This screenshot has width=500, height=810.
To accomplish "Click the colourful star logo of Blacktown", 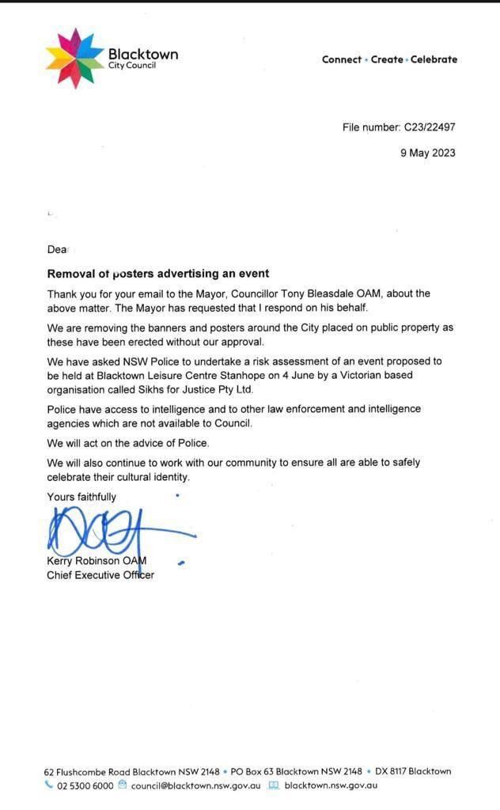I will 74,59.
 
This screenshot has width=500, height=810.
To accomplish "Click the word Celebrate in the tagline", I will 434,59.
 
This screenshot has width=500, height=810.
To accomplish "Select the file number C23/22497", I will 430,127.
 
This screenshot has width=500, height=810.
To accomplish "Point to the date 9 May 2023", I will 427,153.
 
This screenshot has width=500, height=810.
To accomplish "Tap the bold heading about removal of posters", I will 158,274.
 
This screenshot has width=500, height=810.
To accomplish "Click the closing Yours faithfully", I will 81,497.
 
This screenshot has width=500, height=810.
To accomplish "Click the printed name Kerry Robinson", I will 84,562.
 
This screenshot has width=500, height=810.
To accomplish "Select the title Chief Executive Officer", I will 100,575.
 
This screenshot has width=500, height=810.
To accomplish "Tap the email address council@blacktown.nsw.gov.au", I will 195,785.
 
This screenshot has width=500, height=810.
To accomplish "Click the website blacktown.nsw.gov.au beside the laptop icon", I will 331,785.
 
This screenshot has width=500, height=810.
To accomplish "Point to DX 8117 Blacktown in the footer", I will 413,771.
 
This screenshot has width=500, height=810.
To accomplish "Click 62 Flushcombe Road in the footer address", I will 87,771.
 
